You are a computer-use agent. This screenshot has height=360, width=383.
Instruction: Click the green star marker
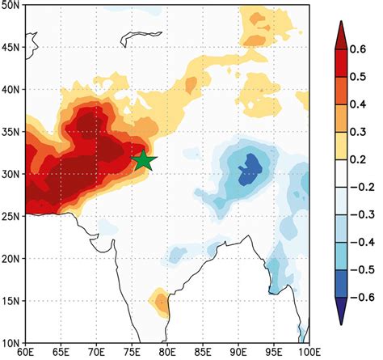pos(143,160)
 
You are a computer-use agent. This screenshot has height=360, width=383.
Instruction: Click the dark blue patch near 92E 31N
pos(250,167)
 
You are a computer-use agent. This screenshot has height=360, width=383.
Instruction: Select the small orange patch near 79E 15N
pos(162,303)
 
